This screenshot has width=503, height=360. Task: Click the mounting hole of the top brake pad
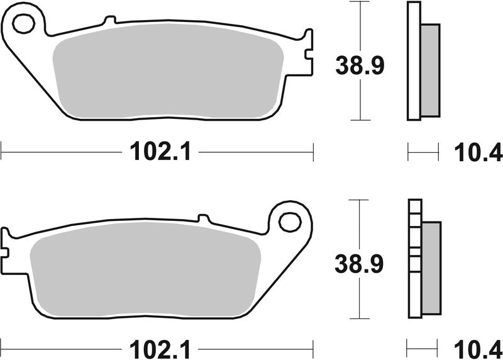pos(23,25)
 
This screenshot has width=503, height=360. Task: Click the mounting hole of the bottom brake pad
pos(290,221)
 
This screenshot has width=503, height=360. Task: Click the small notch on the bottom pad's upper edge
pos(202,218)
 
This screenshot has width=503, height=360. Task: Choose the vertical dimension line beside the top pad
pos(359,25)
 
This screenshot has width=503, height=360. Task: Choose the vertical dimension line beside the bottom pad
pos(358,220)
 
